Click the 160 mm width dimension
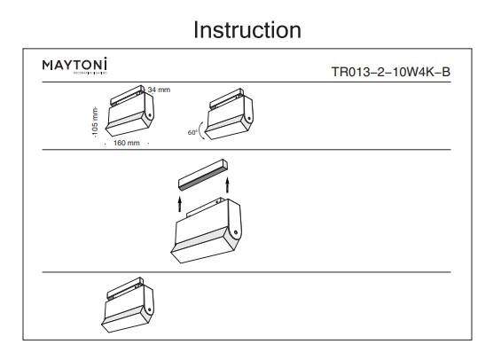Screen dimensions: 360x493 click(x=127, y=143)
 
